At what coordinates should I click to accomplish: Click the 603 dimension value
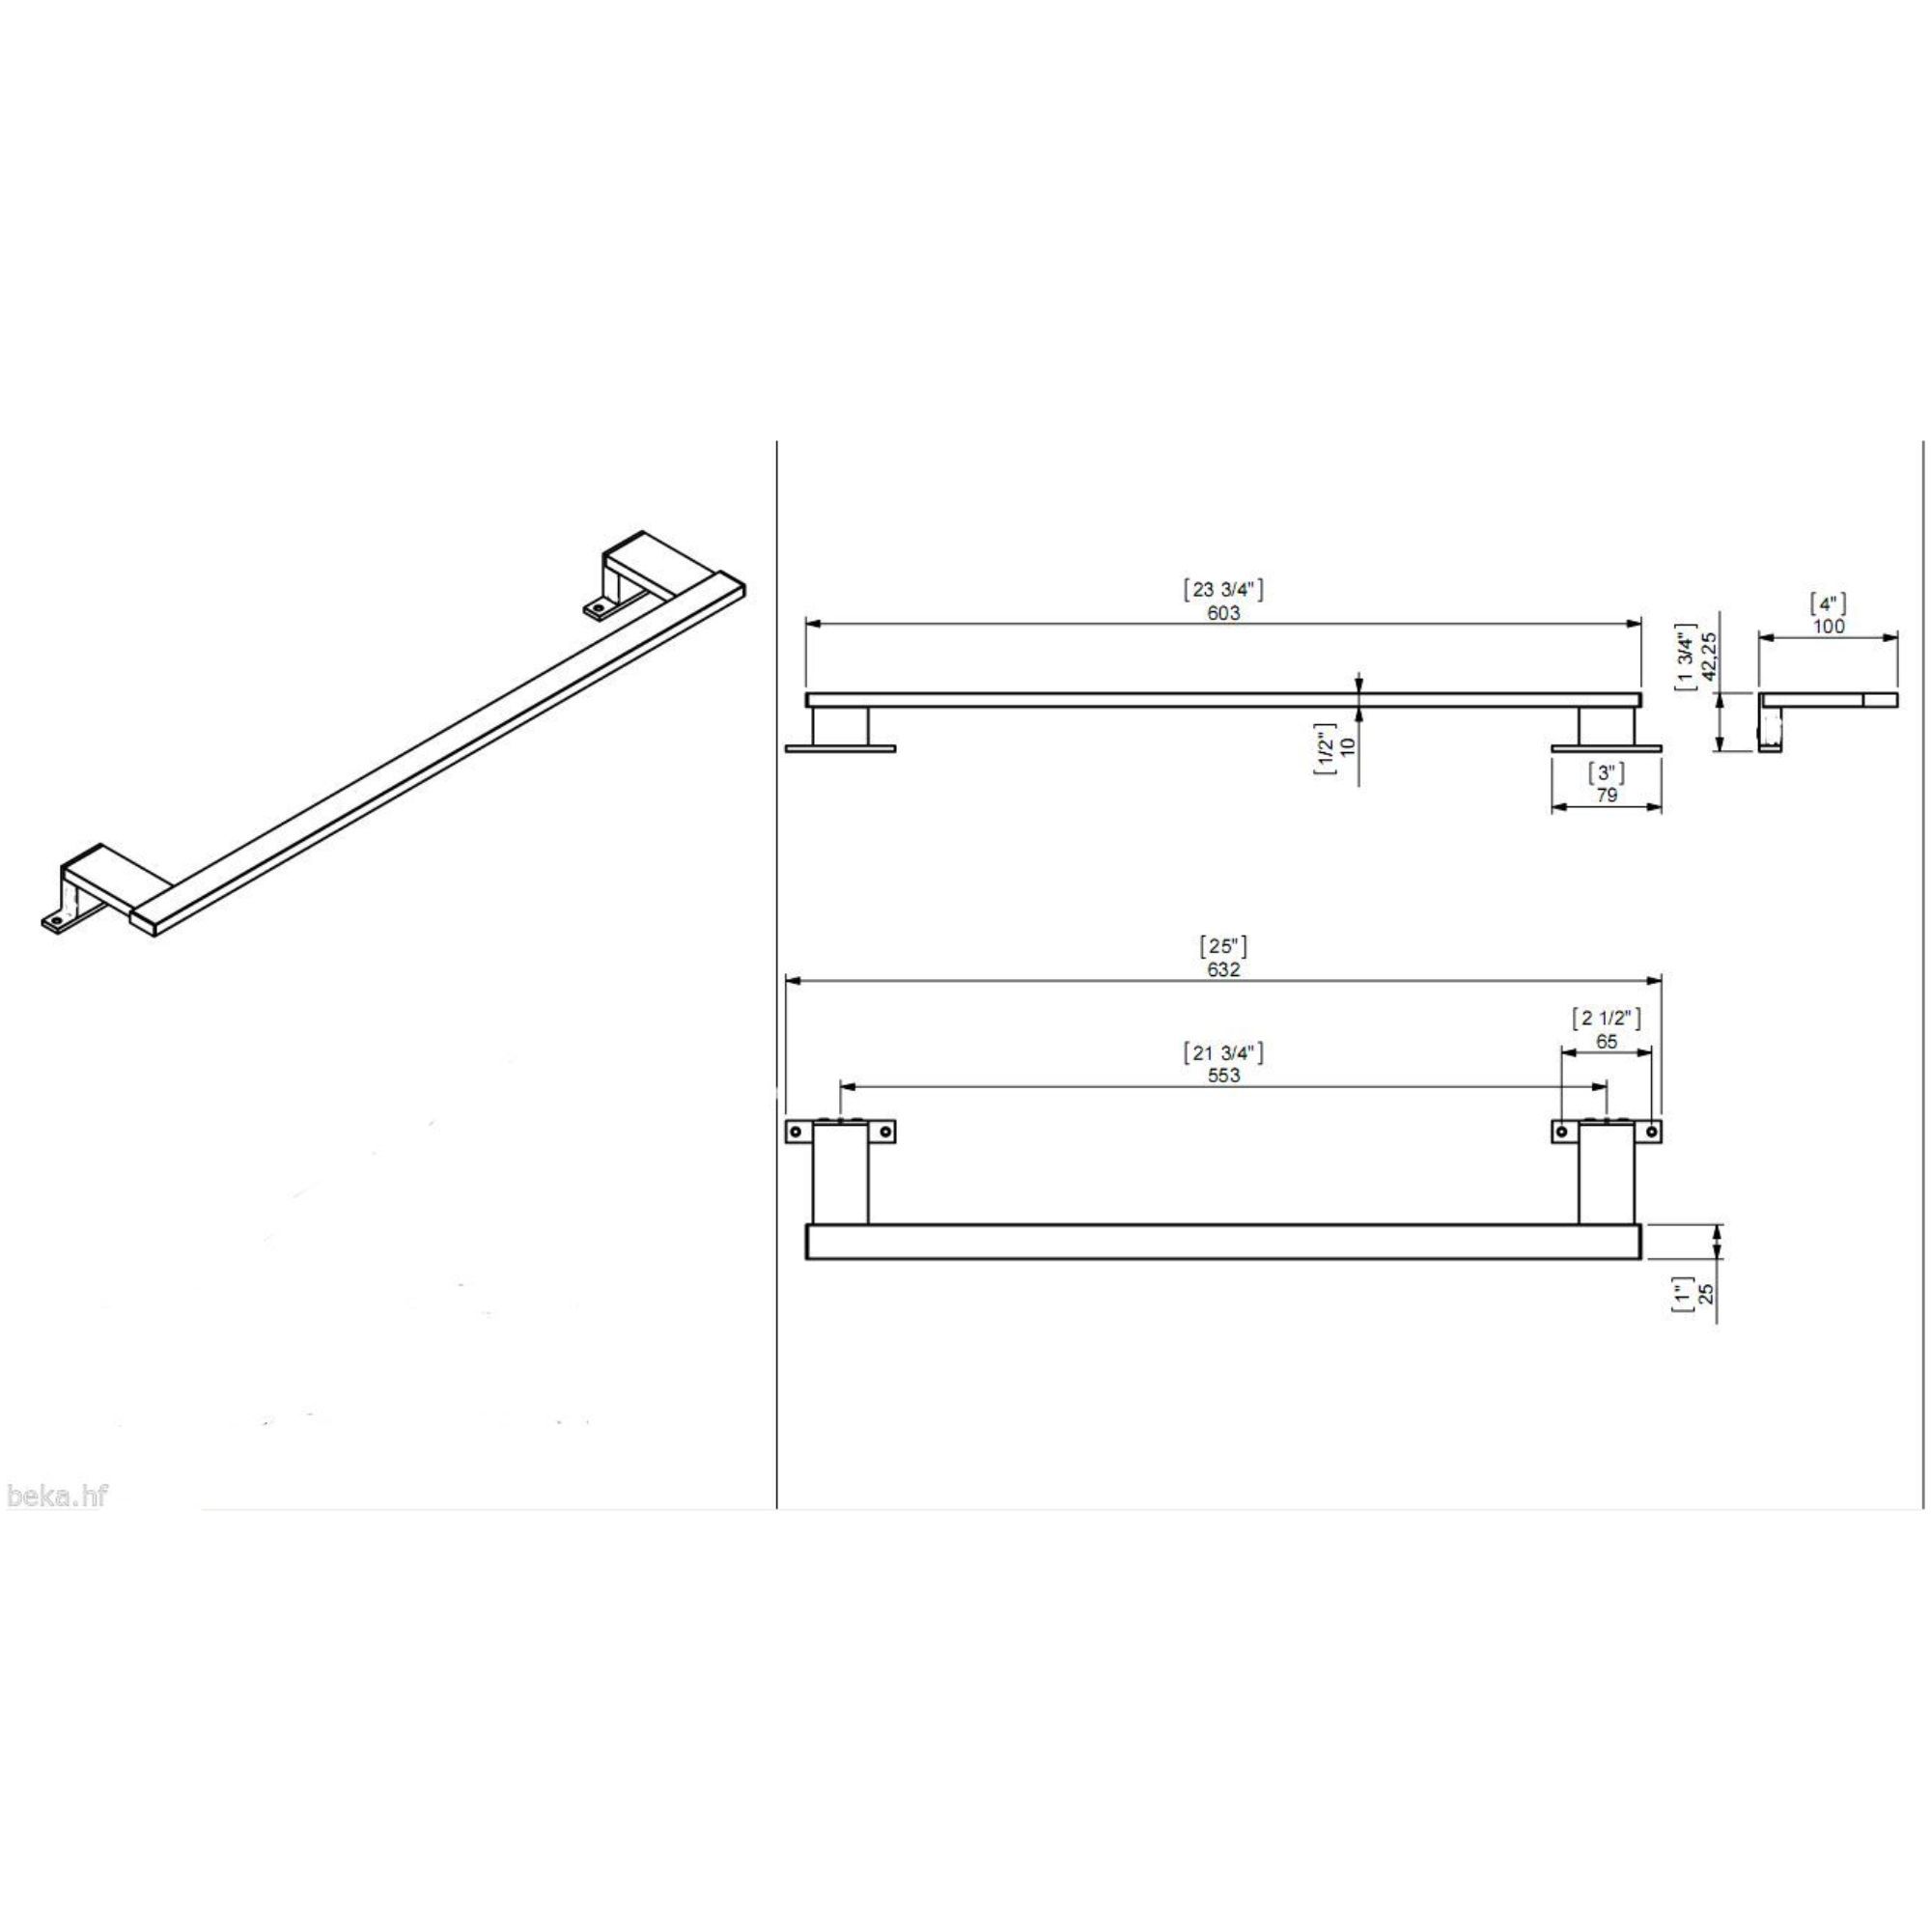pos(1222,613)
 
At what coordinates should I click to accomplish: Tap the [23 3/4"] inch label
pos(1222,590)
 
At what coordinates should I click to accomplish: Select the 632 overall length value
pos(1222,969)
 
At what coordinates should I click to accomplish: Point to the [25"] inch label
pos(1222,945)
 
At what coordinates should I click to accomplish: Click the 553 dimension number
pos(1222,1076)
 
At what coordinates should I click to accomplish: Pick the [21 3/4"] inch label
pos(1222,1051)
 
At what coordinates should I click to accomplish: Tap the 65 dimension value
pos(1607,1042)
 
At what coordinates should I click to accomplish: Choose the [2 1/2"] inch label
pos(1607,1019)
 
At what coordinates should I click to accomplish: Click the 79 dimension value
pos(1607,796)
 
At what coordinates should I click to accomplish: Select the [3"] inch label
pos(1607,772)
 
